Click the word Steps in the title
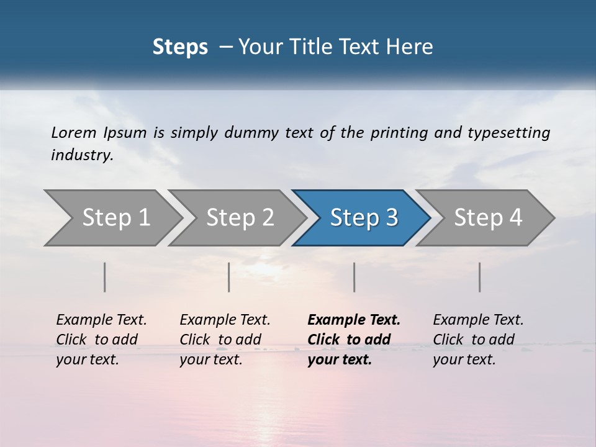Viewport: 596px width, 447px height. tap(180, 47)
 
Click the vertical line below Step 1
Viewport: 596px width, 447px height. tap(104, 277)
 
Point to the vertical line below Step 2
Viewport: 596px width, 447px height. tap(229, 277)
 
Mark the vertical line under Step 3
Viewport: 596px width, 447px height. tap(354, 277)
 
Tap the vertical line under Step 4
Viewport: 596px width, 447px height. tap(479, 277)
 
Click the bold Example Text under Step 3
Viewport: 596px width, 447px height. tap(354, 320)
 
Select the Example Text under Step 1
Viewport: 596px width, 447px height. tap(101, 320)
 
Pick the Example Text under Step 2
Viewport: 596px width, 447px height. tap(225, 320)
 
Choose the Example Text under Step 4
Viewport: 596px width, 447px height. tap(478, 320)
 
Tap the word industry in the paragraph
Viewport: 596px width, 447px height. tap(82, 155)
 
